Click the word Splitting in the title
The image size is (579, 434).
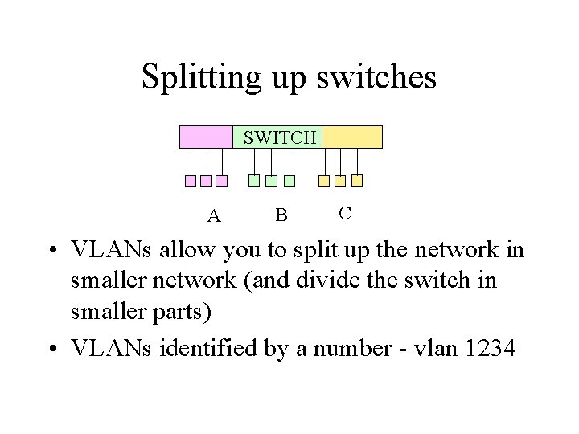pyautogui.click(x=199, y=77)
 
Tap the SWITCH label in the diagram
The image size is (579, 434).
pyautogui.click(x=280, y=137)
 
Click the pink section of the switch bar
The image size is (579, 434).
pyautogui.click(x=206, y=137)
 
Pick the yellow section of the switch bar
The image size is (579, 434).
pyautogui.click(x=352, y=137)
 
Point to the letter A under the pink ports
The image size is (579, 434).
pyautogui.click(x=214, y=216)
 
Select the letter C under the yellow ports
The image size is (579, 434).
pyautogui.click(x=344, y=213)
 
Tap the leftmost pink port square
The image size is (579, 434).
pyautogui.click(x=191, y=181)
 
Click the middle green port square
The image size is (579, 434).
pyautogui.click(x=271, y=181)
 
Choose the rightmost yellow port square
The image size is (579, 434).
pyautogui.click(x=357, y=181)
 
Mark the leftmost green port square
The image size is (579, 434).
pyautogui.click(x=254, y=181)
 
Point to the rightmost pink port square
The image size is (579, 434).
pyautogui.click(x=221, y=181)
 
